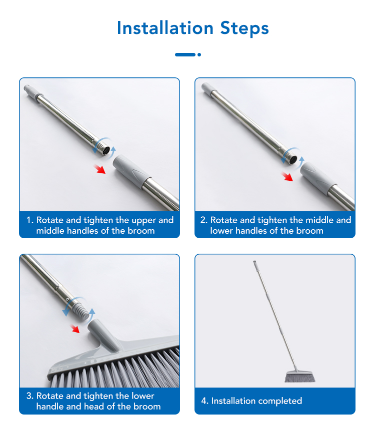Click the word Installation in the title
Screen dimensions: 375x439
165,28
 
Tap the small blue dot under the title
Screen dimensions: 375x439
199,54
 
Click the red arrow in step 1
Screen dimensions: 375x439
99,169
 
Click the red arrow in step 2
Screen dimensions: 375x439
287,177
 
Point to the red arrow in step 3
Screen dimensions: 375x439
74,329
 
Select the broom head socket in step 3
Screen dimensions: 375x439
103,335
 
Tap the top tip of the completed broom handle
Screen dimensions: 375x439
255,262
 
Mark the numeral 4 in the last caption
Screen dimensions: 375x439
204,401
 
